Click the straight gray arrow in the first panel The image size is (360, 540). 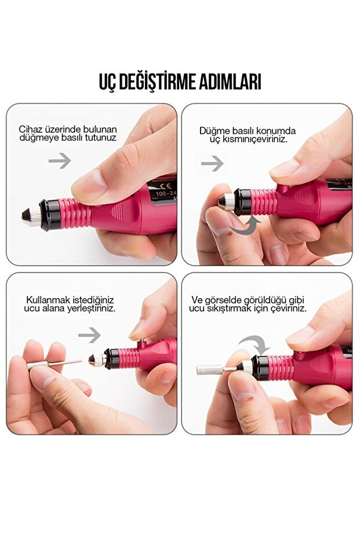coord(60,161)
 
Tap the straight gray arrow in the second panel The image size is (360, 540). coord(212,163)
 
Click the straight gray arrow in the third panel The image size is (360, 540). coord(89,335)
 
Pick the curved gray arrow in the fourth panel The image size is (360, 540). coord(254,344)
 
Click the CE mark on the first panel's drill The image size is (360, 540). coord(162,186)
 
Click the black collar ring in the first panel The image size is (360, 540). coord(50,215)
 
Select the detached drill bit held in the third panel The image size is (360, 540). coord(54,364)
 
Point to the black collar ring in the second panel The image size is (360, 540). coord(242,202)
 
